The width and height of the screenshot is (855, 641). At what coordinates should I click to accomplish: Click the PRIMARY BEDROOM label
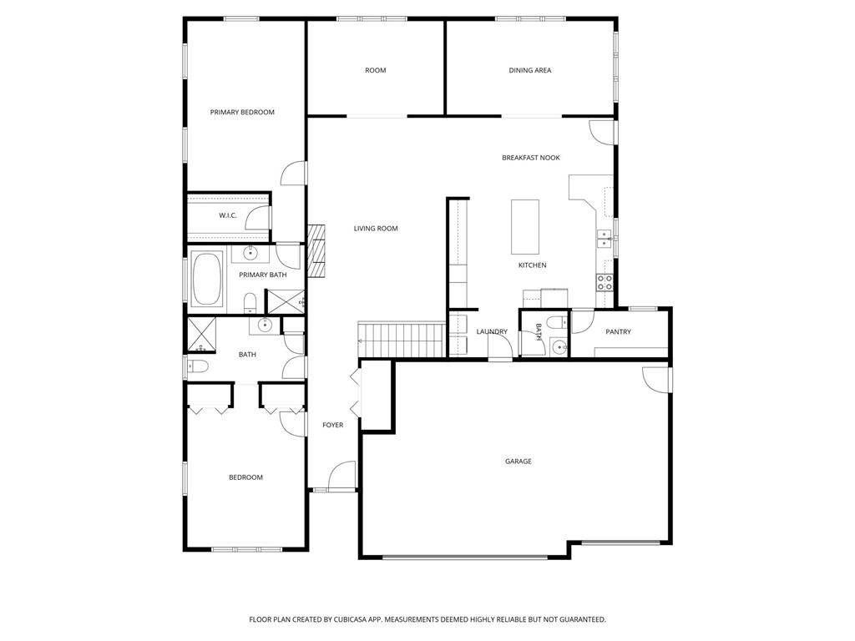(242, 112)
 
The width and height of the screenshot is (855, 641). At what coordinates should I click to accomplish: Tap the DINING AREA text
(530, 70)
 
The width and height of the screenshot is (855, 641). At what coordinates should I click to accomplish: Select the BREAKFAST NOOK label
(531, 158)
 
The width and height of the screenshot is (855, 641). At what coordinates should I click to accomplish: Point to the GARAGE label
(518, 462)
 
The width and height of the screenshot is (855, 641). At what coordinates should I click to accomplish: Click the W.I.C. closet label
(228, 215)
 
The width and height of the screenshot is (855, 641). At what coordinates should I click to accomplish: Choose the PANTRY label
(619, 331)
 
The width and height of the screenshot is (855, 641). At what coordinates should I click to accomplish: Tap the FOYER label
(333, 425)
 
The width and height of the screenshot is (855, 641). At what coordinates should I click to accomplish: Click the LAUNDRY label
(492, 331)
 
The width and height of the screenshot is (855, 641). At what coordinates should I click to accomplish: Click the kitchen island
(525, 226)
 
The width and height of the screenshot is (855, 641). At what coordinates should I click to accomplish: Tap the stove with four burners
(605, 282)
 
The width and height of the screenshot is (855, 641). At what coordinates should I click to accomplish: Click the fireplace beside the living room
(316, 251)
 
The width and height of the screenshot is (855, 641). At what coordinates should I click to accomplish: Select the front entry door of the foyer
(341, 477)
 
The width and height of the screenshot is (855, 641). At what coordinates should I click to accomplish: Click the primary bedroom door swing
(293, 173)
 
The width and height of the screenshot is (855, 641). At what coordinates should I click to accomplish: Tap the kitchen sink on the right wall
(605, 240)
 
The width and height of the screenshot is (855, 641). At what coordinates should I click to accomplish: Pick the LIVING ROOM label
(376, 229)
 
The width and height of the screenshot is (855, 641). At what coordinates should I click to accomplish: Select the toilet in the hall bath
(196, 366)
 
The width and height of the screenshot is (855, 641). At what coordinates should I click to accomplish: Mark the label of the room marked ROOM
(376, 70)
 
